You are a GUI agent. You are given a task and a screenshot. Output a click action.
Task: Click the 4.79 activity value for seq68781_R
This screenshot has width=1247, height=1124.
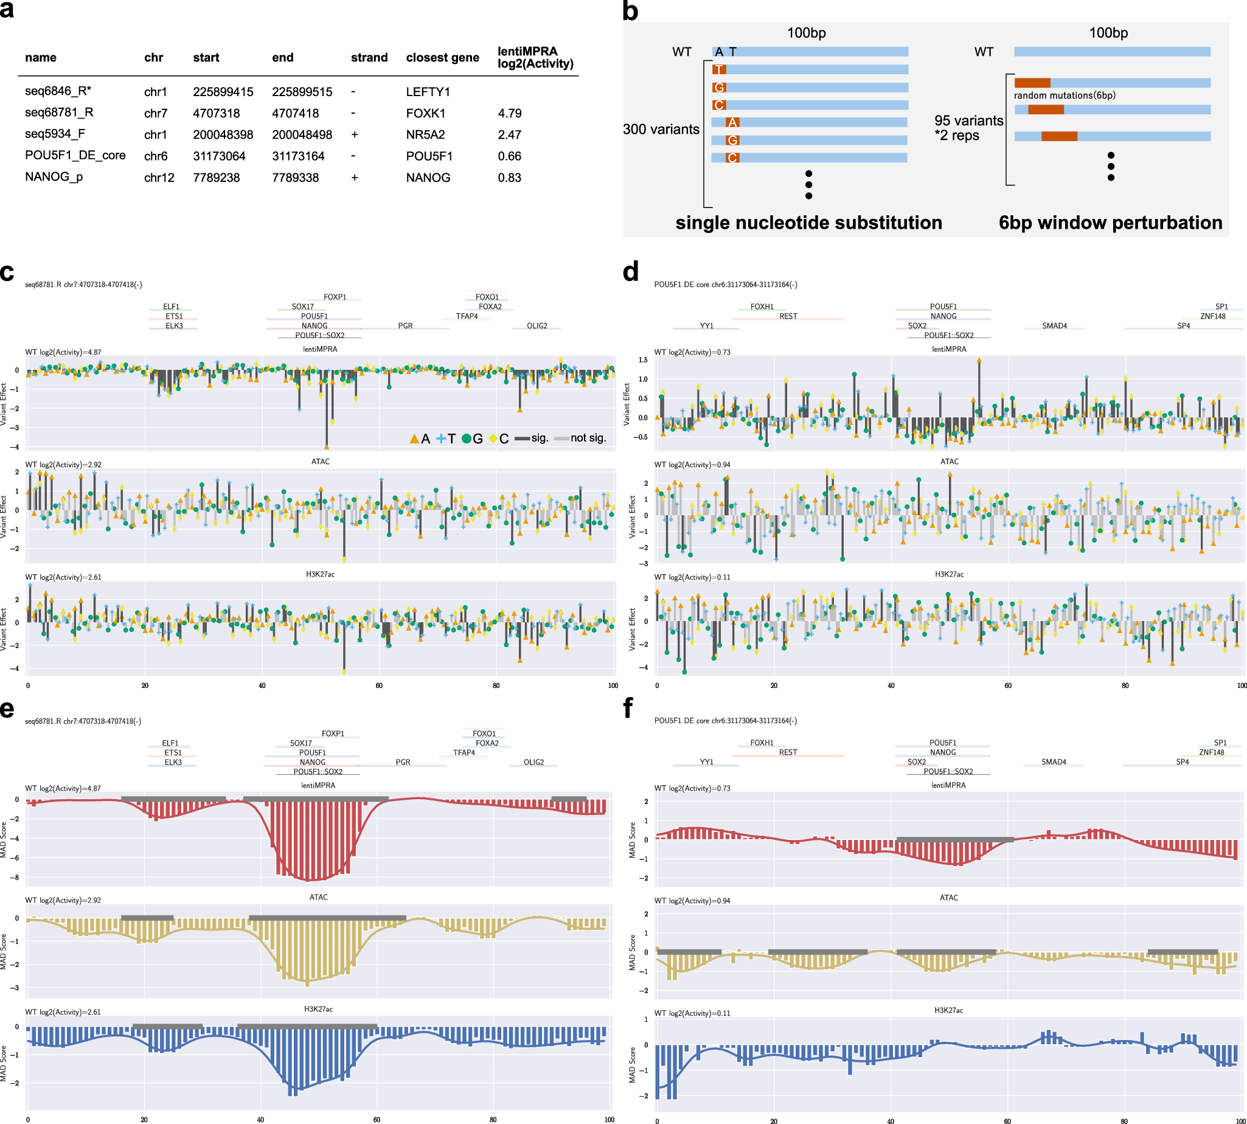pyautogui.click(x=510, y=113)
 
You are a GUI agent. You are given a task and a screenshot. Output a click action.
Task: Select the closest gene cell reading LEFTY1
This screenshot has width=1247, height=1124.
pyautogui.click(x=428, y=91)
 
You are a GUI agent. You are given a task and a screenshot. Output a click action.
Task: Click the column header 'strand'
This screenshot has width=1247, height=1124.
pyautogui.click(x=369, y=57)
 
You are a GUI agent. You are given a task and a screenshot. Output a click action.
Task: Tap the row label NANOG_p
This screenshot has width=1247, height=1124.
pyautogui.click(x=54, y=176)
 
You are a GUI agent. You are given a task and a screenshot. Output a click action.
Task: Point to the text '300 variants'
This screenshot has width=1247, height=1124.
pyautogui.click(x=661, y=129)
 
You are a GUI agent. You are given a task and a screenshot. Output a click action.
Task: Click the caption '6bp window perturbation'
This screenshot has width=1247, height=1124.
pyautogui.click(x=1110, y=223)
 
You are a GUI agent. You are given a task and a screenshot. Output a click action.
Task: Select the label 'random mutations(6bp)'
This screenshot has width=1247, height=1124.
pyautogui.click(x=1064, y=95)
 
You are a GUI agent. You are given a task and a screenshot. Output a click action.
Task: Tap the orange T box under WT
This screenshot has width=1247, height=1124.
pyautogui.click(x=719, y=69)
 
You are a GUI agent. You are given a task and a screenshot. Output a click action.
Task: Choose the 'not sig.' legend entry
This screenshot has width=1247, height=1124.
pyautogui.click(x=580, y=438)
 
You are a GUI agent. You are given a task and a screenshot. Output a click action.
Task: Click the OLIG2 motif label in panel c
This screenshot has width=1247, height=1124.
pyautogui.click(x=537, y=325)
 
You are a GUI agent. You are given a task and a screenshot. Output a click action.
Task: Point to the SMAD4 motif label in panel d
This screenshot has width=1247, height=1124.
pyautogui.click(x=1054, y=325)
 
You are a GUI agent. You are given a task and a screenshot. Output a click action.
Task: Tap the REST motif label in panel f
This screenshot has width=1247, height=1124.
pyautogui.click(x=788, y=752)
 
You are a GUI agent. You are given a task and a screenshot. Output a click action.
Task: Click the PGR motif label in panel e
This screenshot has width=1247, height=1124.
pyautogui.click(x=403, y=762)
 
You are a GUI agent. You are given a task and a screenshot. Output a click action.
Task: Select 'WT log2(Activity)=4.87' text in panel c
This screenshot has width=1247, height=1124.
pyautogui.click(x=63, y=352)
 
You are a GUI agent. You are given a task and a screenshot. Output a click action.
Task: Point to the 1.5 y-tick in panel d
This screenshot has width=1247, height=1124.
pyautogui.click(x=643, y=360)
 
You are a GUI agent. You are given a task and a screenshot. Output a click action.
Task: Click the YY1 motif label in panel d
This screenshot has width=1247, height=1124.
pyautogui.click(x=706, y=325)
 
